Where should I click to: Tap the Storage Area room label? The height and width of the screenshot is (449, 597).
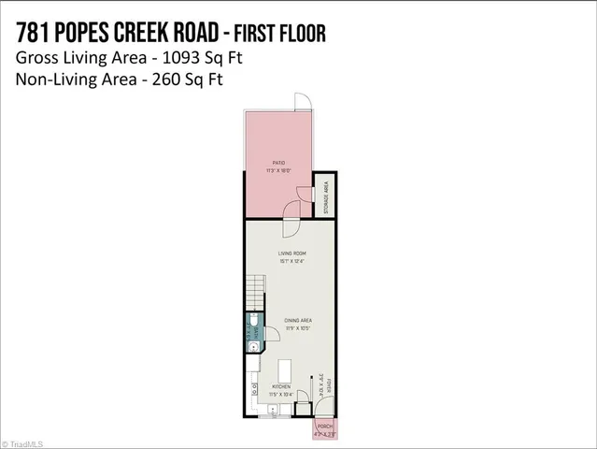pyautogui.click(x=326, y=197)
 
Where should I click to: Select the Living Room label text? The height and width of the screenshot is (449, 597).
pyautogui.click(x=291, y=253)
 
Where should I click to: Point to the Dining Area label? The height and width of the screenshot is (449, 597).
pyautogui.click(x=298, y=320)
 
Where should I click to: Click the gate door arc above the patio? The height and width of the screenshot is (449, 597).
pyautogui.click(x=302, y=100)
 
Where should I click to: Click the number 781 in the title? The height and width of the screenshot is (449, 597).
pyautogui.click(x=35, y=34)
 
